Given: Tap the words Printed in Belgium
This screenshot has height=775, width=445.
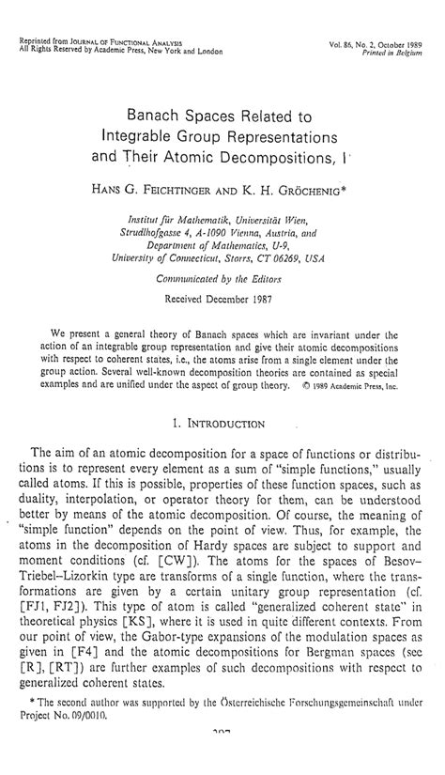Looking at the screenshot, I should (393, 53).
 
